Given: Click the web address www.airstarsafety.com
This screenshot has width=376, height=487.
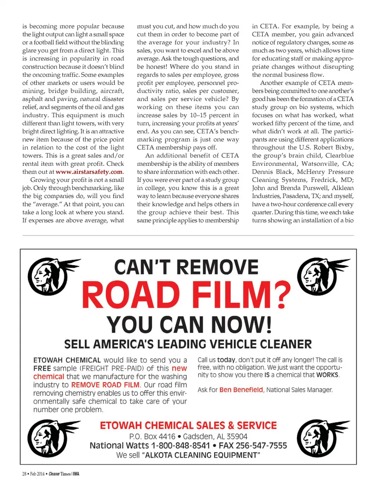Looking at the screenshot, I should [89, 172].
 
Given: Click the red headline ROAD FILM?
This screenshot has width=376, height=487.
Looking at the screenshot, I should [186, 295].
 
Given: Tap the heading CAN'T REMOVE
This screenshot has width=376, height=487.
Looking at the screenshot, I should [186, 268].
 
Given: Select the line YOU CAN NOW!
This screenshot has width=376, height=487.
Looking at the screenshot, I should [189, 325].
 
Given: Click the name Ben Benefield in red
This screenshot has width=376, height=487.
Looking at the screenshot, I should [241, 390].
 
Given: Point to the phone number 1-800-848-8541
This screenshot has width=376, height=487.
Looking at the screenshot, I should [180, 446].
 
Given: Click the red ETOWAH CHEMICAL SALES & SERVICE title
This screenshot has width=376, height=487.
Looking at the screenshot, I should [188, 425].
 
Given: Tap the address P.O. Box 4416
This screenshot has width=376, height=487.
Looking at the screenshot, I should [152, 436].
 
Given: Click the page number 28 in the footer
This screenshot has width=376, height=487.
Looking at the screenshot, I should [24, 474].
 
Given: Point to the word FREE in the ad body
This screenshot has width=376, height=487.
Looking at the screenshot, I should [42, 368].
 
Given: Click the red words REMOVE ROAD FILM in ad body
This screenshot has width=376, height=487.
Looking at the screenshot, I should [105, 385].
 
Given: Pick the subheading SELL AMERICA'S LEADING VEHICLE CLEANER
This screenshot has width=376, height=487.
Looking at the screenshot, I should [188, 344].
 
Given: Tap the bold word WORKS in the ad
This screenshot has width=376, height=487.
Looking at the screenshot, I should [327, 375].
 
